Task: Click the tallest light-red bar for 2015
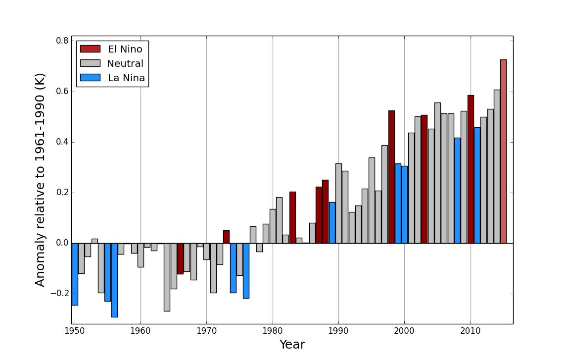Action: coord(503,151)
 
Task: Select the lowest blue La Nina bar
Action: coord(114,280)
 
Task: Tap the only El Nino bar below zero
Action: coord(180,258)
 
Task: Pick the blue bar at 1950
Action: coord(75,274)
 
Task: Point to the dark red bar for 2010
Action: coord(471,169)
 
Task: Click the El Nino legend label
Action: coord(125,49)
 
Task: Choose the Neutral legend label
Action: coord(125,63)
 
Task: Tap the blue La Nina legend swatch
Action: coord(91,78)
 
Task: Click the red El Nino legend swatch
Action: coord(91,49)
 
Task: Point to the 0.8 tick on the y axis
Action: coord(62,41)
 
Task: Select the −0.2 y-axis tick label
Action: coord(59,294)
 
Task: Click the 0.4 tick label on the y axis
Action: coord(62,142)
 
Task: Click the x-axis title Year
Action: coord(292,345)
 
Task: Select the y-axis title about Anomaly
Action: coord(41,180)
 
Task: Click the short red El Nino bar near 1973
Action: coord(226,237)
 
